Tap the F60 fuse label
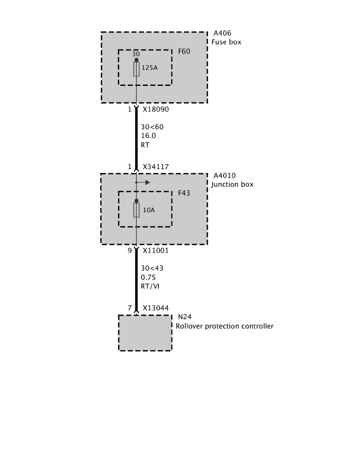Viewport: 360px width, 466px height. tap(184, 51)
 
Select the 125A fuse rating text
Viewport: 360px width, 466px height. tap(149, 68)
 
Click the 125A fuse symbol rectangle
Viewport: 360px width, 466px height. tap(136, 69)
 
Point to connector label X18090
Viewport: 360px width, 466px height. tap(156, 109)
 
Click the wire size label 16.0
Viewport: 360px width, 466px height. tap(149, 136)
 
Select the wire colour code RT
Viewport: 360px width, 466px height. tap(145, 145)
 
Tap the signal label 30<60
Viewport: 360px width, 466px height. tap(152, 127)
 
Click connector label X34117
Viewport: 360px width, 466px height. tap(156, 167)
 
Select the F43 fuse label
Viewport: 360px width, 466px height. tap(184, 193)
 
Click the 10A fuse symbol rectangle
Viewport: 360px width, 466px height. tap(136, 210)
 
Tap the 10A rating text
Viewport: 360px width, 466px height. tap(149, 210)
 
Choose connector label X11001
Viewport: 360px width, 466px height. tap(156, 251)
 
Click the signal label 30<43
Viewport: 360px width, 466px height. tap(152, 268)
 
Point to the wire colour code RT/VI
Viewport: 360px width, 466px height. tap(150, 286)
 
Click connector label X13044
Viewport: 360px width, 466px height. tap(156, 308)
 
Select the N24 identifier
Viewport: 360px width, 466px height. tap(185, 317)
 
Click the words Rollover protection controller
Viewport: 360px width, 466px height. tap(224, 326)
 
